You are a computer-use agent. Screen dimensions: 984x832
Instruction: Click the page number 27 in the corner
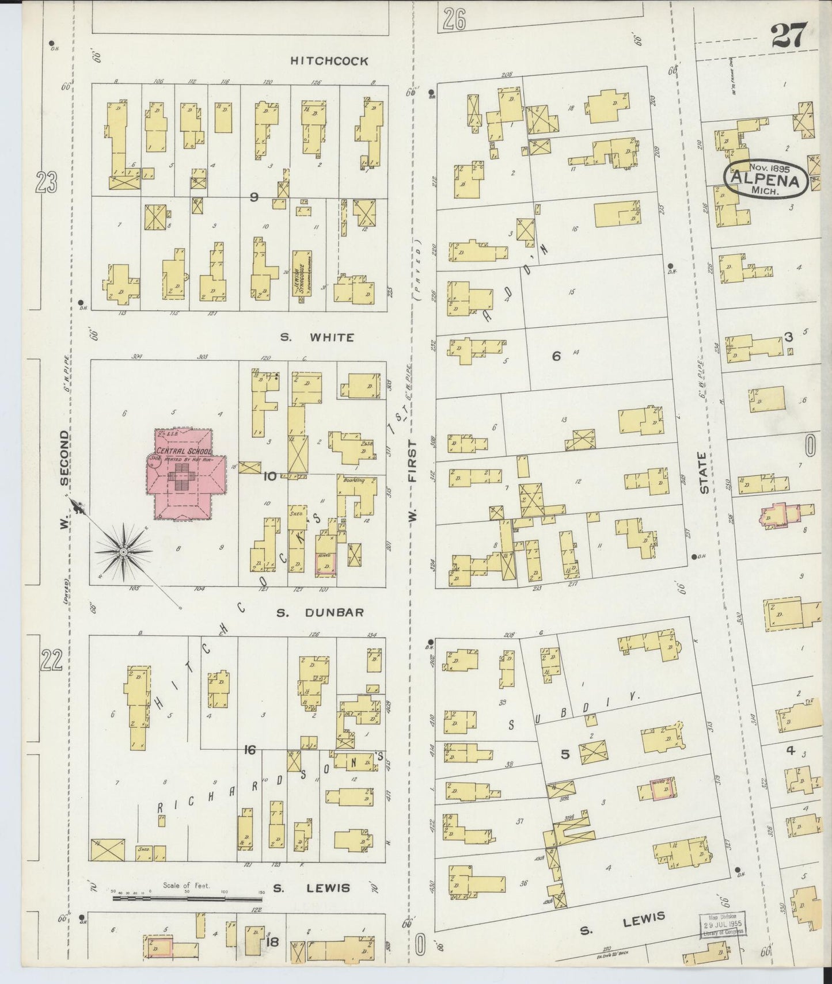789,37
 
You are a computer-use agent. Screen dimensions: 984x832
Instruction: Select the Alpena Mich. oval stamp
764,179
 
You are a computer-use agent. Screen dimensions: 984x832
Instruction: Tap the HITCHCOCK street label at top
329,61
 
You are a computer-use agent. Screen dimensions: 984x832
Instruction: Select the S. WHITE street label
317,337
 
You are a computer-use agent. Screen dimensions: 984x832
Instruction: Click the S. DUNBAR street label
320,612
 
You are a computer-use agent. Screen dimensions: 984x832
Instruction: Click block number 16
249,749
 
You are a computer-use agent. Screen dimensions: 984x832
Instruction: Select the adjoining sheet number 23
46,183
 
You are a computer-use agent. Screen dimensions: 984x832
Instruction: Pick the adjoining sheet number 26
454,20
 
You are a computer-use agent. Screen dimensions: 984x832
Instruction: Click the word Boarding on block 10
354,480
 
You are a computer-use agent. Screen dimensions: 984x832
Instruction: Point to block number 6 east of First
556,356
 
